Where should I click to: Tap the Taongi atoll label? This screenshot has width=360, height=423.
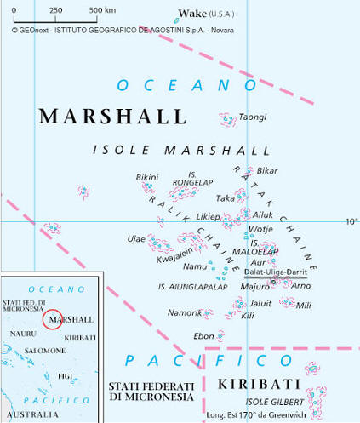pyautogui.click(x=252, y=117)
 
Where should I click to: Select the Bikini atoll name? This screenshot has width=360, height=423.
pyautogui.click(x=146, y=177)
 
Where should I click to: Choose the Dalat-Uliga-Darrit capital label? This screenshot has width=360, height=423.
pyautogui.click(x=275, y=272)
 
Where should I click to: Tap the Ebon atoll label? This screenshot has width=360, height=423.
pyautogui.click(x=204, y=336)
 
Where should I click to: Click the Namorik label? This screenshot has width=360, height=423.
pyautogui.click(x=185, y=313)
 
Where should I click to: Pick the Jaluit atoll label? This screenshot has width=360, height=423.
pyautogui.click(x=260, y=303)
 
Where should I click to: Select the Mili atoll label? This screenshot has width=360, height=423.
pyautogui.click(x=304, y=306)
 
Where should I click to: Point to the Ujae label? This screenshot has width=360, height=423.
pyautogui.click(x=136, y=238)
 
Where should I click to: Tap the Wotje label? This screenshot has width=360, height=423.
pyautogui.click(x=260, y=229)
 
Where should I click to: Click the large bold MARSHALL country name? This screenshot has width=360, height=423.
pyautogui.click(x=100, y=117)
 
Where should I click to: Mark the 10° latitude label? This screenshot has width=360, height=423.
pyautogui.click(x=351, y=221)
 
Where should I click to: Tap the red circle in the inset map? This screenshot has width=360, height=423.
pyautogui.click(x=53, y=320)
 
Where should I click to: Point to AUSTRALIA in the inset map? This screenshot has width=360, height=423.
pyautogui.click(x=32, y=414)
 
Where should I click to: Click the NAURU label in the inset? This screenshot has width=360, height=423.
pyautogui.click(x=23, y=334)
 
